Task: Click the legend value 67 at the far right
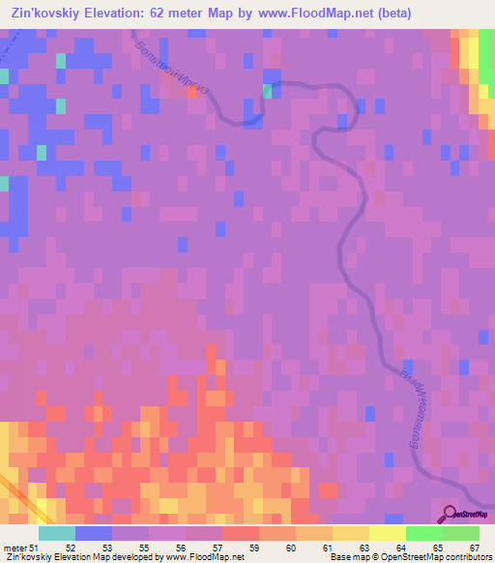[474, 548]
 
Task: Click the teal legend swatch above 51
[57, 533]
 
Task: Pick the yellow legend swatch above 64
[388, 533]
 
